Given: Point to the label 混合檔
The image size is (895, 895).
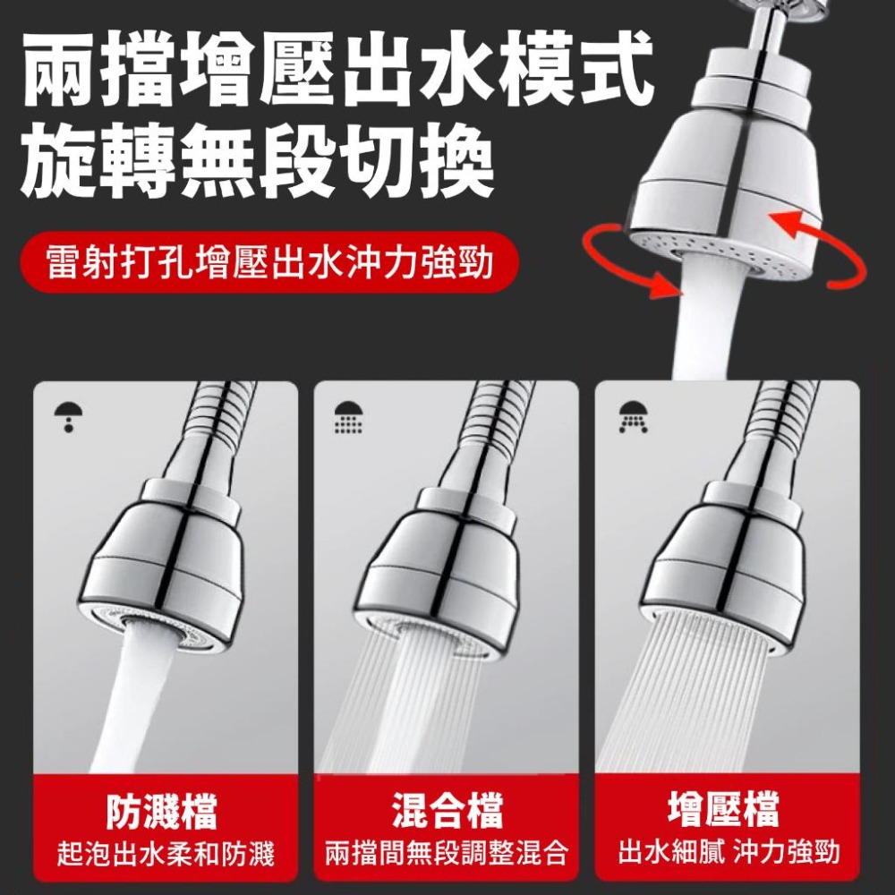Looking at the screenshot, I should (447, 812).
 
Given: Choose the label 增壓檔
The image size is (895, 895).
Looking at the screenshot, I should (729, 812).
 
